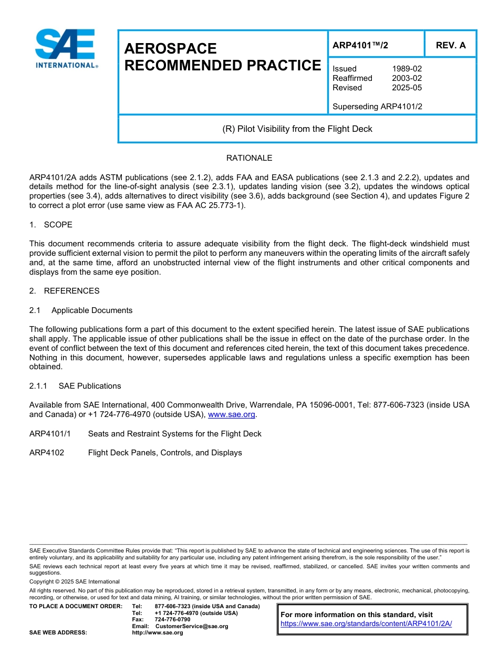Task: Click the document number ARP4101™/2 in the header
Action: [360, 45]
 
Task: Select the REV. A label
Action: [450, 45]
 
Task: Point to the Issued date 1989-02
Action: [407, 69]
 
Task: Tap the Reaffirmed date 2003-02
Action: [407, 78]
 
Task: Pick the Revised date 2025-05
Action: [407, 88]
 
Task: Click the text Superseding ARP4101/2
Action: [377, 107]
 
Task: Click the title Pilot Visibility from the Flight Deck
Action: [297, 129]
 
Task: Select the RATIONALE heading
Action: [249, 158]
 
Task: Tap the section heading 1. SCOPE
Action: [51, 225]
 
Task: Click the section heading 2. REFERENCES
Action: [64, 291]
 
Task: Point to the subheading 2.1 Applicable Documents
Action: [81, 310]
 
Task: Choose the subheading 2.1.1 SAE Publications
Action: [75, 386]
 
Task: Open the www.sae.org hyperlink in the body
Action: [232, 415]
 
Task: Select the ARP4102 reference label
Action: [47, 453]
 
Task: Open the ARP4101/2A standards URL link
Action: [366, 624]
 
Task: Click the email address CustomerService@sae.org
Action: [192, 626]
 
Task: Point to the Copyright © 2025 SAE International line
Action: [75, 582]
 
